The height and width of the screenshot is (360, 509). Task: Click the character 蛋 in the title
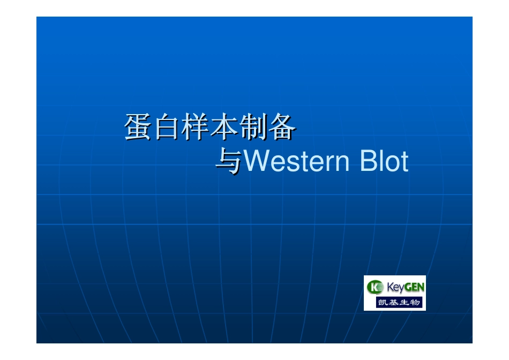138,128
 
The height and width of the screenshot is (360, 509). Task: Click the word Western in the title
292,162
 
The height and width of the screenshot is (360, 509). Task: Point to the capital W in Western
255,162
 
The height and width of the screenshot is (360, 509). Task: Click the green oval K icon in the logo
374,288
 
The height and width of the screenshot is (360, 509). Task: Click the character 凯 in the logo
385,303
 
